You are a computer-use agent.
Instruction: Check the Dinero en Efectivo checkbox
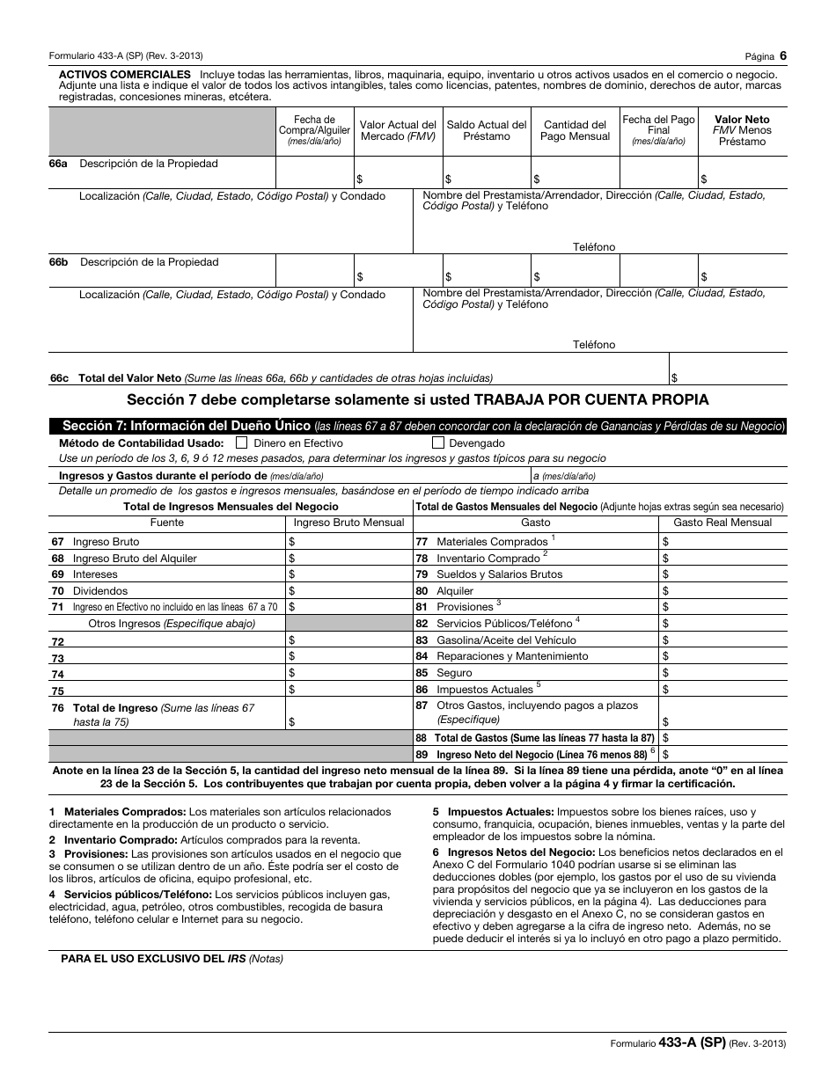(242, 443)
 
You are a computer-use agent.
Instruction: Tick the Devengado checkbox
(438, 443)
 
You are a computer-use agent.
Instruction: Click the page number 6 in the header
(782, 55)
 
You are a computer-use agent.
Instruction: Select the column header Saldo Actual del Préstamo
(487, 130)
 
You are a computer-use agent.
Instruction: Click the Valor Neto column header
(742, 130)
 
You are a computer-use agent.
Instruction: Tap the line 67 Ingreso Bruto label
(106, 542)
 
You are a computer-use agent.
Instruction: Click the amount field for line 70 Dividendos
(350, 591)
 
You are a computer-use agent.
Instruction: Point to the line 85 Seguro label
(454, 673)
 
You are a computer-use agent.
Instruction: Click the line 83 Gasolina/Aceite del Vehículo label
(506, 640)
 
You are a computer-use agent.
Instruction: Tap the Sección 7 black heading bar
(418, 426)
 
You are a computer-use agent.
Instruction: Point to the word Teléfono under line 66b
(594, 345)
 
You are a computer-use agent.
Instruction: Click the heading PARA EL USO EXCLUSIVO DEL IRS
(172, 959)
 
